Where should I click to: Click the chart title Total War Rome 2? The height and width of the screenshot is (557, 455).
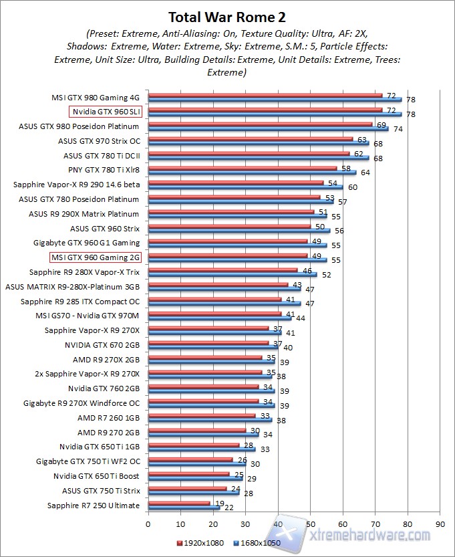227,17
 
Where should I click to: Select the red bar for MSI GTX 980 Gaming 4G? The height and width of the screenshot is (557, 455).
265,95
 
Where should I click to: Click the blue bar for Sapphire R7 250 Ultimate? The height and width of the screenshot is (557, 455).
184,508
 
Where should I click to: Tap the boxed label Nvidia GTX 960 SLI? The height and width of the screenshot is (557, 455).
106,112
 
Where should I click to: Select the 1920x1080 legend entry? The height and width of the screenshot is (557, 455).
200,542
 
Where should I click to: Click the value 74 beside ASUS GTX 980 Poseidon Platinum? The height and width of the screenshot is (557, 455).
397,129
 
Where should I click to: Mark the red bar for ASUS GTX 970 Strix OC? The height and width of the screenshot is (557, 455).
250,139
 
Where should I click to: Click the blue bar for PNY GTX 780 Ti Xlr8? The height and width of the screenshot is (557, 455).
251,172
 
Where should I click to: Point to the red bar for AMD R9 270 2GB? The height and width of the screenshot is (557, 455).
196,430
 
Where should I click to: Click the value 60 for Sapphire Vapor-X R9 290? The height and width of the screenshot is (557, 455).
351,187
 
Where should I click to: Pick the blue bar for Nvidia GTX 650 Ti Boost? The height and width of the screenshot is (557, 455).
194,479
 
